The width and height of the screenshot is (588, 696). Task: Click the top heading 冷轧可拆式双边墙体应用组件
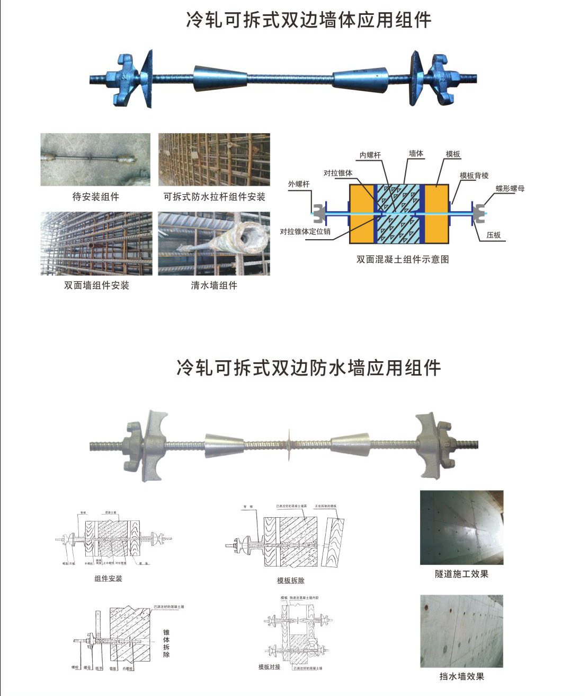[x=308, y=20]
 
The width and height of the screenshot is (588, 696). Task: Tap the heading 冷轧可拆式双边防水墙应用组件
[x=308, y=368]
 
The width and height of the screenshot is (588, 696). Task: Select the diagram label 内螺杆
[x=370, y=155]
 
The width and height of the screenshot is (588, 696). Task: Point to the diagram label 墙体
[x=416, y=153]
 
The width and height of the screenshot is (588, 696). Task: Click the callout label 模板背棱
[x=474, y=176]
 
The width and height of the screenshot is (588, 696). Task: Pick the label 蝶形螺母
[x=510, y=188]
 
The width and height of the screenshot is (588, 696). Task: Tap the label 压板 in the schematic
[x=494, y=235]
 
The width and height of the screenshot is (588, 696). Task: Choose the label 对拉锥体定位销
[x=305, y=231]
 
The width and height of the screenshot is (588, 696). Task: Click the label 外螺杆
[x=299, y=184]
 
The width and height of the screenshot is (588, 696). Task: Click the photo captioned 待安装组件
[x=95, y=160]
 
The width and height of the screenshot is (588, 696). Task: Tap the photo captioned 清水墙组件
[x=214, y=243]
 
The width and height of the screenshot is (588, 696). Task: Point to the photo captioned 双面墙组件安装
[x=96, y=243]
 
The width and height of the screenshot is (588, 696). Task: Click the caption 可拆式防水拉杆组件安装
[x=214, y=197]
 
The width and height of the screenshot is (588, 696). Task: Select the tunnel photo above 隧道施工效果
[x=461, y=527]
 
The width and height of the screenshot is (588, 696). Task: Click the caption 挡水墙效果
[x=461, y=676]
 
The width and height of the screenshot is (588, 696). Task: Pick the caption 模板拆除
[x=291, y=580]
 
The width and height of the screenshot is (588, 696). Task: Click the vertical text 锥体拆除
[x=166, y=643]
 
